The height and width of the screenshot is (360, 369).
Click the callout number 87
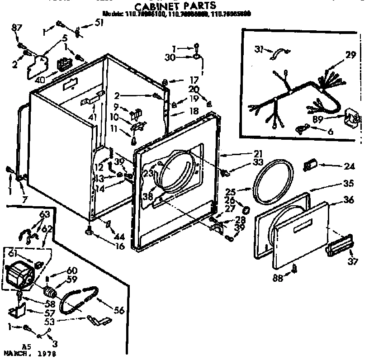[x=17, y=29]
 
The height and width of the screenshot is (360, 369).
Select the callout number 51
[x=99, y=22]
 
